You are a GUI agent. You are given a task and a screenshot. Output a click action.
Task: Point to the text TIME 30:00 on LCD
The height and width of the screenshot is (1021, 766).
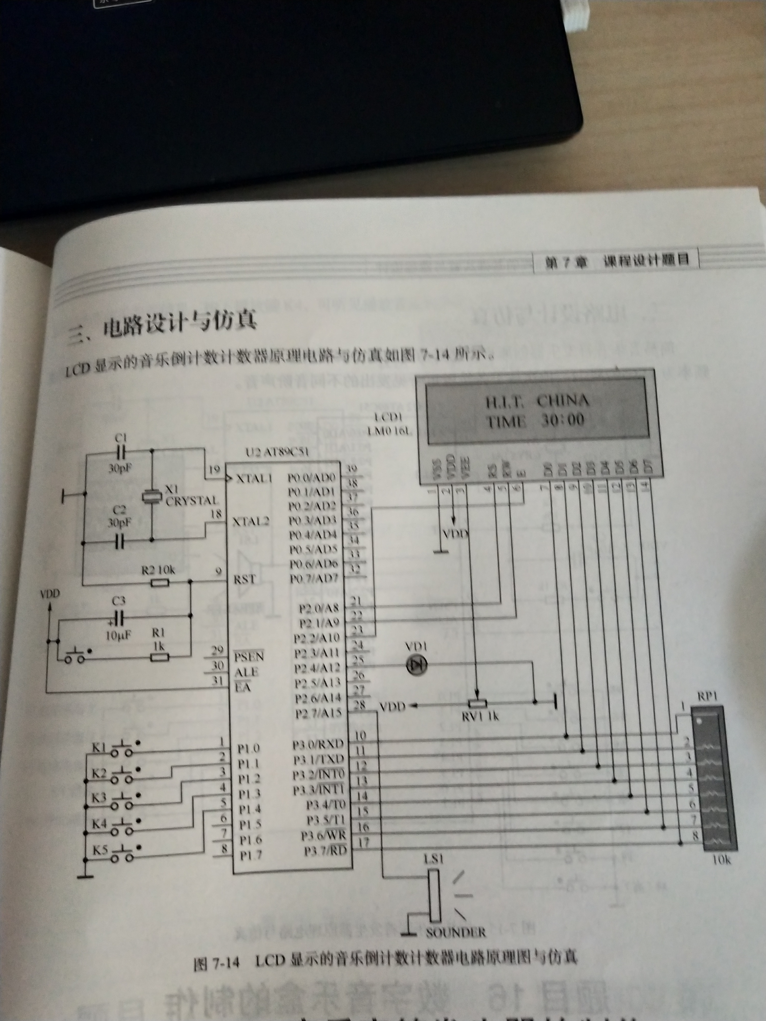coord(535,421)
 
